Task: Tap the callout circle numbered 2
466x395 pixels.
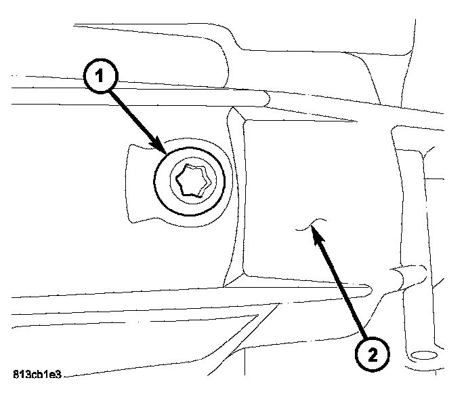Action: click(x=373, y=353)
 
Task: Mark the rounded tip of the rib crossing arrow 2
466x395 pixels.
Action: click(x=368, y=290)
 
